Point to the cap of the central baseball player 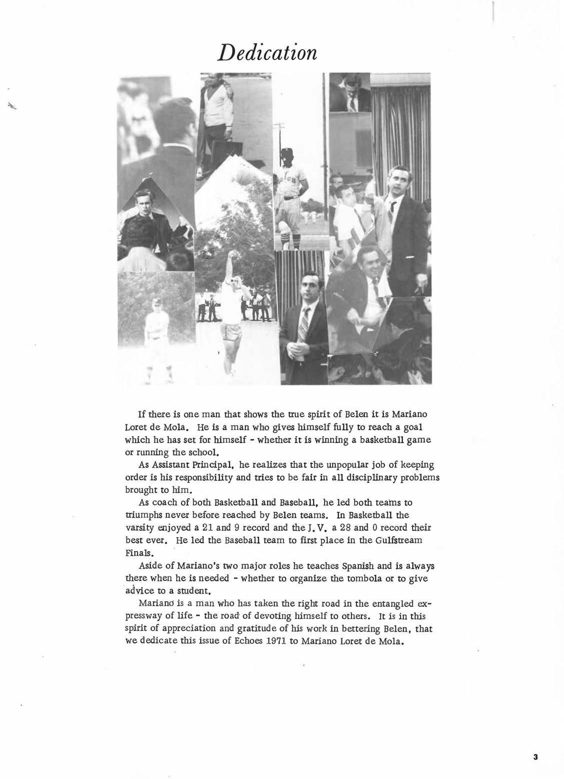(x=287, y=151)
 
